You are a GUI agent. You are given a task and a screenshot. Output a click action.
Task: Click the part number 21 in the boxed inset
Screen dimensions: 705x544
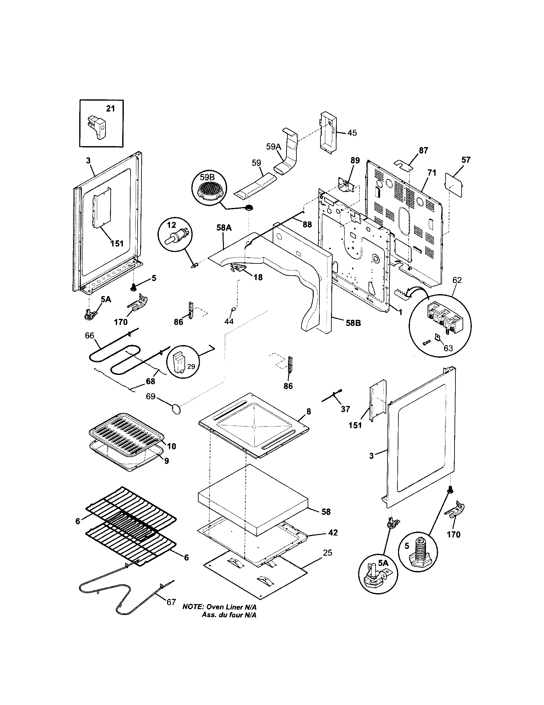110,109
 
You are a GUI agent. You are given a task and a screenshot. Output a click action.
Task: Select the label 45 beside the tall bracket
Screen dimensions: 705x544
352,133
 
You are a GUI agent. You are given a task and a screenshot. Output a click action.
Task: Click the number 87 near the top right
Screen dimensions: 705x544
423,150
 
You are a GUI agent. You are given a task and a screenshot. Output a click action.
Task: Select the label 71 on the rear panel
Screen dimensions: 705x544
432,173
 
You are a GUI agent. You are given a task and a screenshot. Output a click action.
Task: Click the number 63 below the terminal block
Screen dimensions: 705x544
448,348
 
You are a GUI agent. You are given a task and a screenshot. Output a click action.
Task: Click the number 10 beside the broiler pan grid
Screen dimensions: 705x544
172,446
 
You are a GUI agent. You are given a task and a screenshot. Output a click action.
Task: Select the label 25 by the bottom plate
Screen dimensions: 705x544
327,553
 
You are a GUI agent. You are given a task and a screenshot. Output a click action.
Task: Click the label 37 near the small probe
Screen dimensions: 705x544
345,409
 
